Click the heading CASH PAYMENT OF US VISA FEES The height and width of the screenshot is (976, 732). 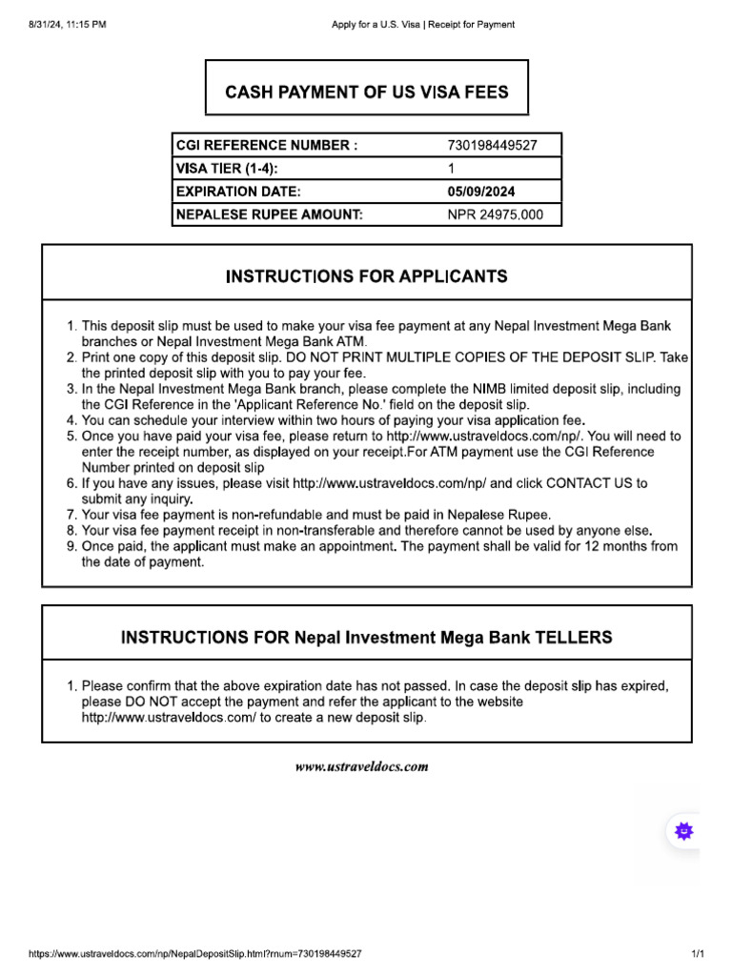[366, 92]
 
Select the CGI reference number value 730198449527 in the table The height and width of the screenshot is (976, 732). [492, 146]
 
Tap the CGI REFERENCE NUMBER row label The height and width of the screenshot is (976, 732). [268, 146]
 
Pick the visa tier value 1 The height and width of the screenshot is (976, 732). [451, 169]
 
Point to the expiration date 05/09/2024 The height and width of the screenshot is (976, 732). [481, 192]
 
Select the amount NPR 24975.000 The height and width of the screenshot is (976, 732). [495, 214]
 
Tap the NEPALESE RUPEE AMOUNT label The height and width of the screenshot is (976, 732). [270, 214]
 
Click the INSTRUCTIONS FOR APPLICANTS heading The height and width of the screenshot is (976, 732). [366, 276]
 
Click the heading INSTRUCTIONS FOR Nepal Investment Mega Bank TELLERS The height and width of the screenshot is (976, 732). [366, 637]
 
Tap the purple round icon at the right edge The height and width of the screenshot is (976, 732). [683, 830]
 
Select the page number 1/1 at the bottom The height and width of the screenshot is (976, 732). [697, 953]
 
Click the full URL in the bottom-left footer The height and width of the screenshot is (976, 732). [195, 953]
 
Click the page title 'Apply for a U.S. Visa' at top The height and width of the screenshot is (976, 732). [374, 25]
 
